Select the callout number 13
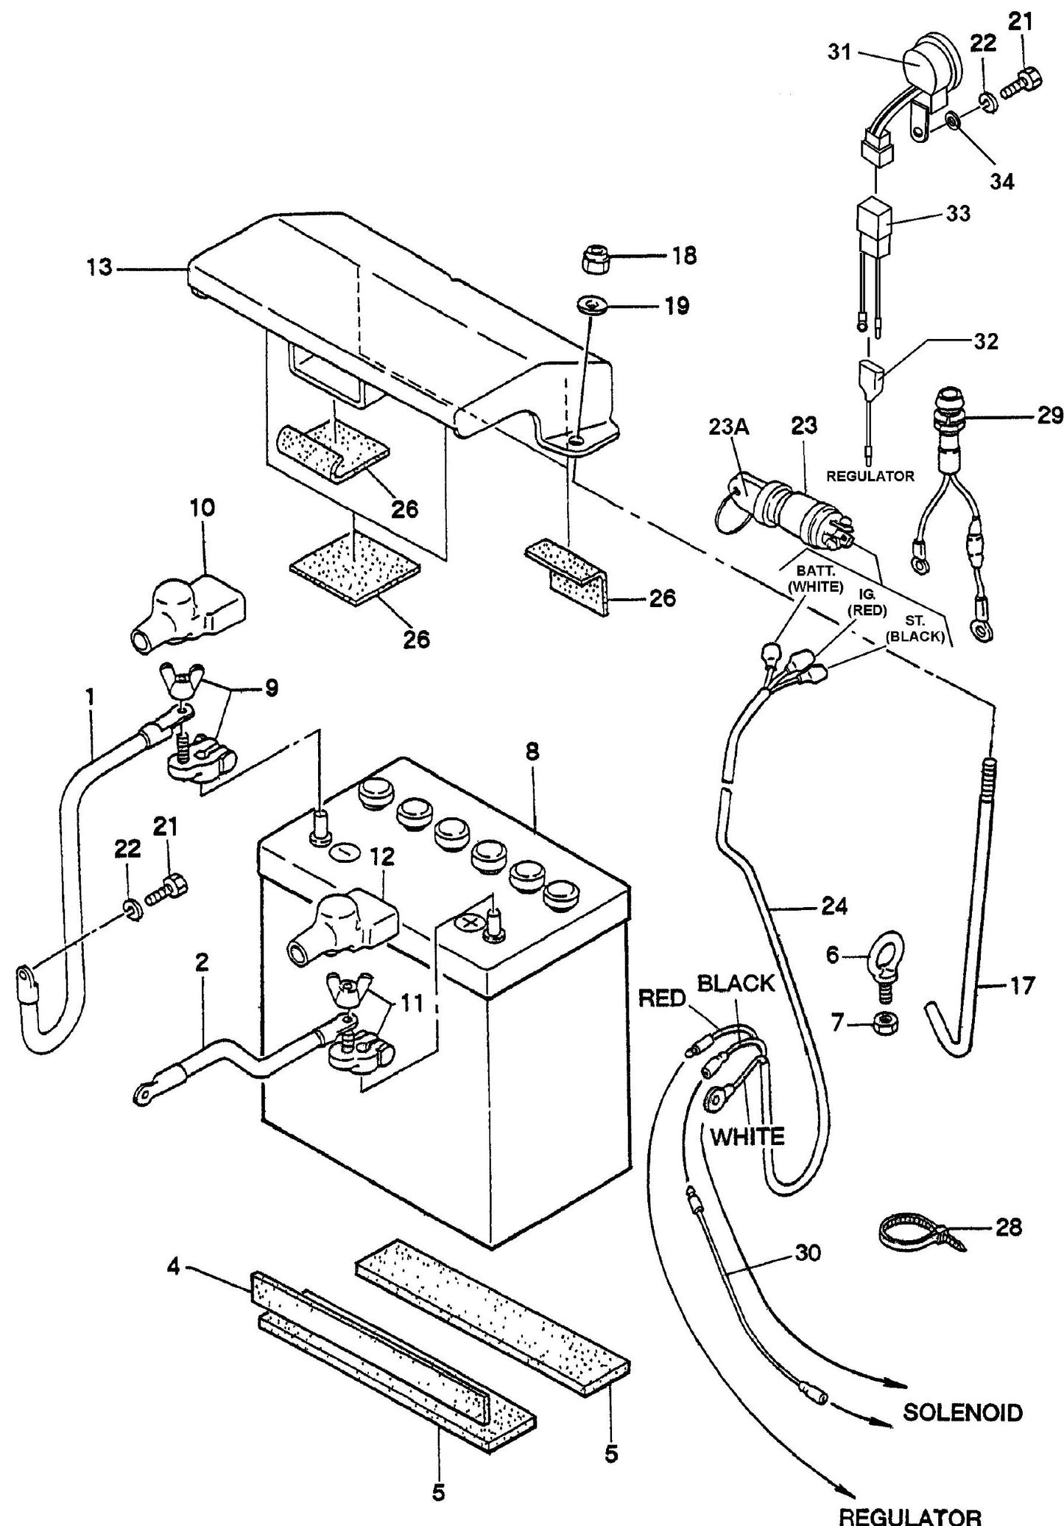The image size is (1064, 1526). (x=98, y=268)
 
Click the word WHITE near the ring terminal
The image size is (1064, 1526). (x=747, y=1136)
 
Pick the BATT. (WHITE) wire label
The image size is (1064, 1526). (x=815, y=579)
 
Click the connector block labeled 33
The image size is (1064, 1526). (x=874, y=218)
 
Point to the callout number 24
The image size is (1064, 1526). (x=834, y=906)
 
